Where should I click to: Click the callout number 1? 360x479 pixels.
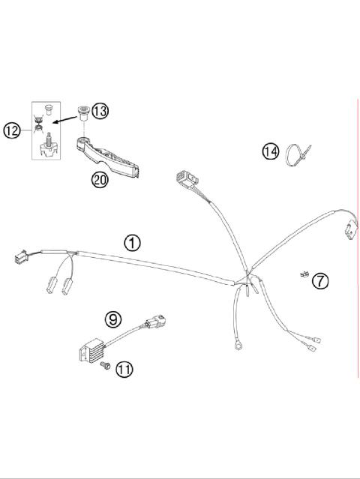point(132,242)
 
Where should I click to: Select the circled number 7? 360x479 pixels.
point(320,281)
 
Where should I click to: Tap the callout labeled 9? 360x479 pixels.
point(113,319)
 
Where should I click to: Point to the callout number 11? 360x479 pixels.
point(124,369)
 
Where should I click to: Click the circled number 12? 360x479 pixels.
point(11,131)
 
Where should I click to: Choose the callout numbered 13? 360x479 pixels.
point(99,111)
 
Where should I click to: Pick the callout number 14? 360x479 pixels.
point(270,151)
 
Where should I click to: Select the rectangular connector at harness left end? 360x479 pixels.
point(18,257)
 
